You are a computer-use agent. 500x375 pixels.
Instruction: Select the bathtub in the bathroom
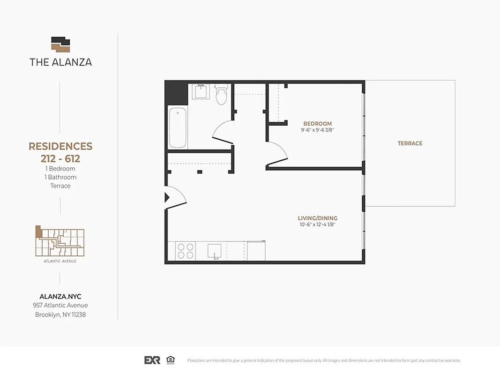[x=178, y=127]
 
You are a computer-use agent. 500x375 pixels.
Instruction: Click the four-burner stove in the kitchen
[x=186, y=251]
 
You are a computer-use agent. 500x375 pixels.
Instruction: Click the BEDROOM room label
[x=317, y=124]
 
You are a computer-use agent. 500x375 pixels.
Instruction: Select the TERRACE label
[x=410, y=143]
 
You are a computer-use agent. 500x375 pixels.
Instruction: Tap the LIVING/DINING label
[x=317, y=218]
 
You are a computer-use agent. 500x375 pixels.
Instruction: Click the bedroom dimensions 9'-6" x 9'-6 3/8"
[x=317, y=130]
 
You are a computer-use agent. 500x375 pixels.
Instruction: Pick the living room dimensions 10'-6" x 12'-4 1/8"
[x=317, y=225]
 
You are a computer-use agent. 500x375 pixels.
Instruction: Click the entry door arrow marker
[x=167, y=197]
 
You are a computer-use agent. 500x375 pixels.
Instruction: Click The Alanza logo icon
[x=60, y=45]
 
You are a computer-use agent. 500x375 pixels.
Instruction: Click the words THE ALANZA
[x=60, y=62]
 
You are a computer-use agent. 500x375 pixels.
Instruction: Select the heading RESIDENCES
[x=60, y=146]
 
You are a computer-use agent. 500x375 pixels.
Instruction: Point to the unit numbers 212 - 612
[x=60, y=158]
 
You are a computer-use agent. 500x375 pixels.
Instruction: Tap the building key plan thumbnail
[x=60, y=241]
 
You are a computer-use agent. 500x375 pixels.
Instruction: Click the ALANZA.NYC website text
[x=60, y=296]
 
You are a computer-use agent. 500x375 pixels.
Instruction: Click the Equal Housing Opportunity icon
[x=170, y=360]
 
